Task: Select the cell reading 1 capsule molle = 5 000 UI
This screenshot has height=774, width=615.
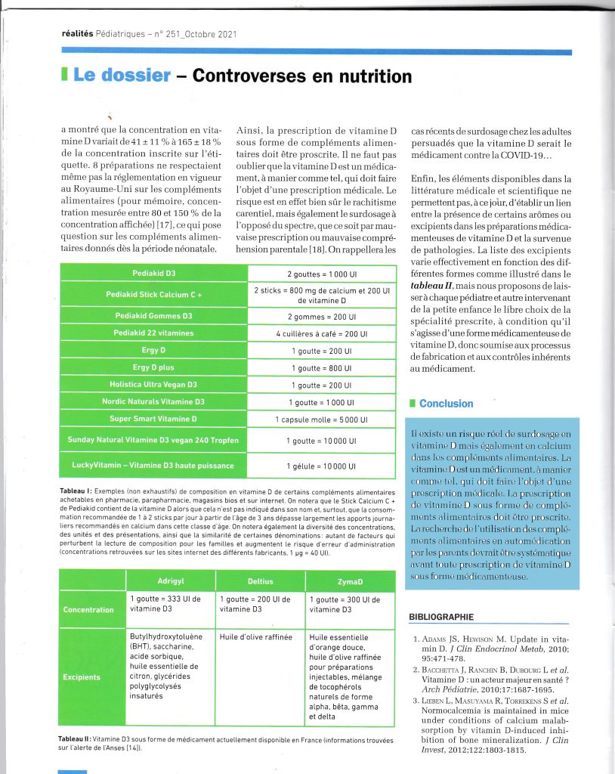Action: [321, 420]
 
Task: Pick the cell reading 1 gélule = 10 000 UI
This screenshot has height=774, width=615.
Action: [321, 465]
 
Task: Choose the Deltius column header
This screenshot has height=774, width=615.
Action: [260, 580]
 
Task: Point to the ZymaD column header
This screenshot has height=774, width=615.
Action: [351, 580]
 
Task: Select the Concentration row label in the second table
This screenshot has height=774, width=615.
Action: [88, 609]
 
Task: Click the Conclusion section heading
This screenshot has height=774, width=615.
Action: [446, 404]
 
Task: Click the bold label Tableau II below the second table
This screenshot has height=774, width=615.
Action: [74, 738]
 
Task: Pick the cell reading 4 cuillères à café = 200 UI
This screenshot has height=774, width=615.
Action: [321, 333]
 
